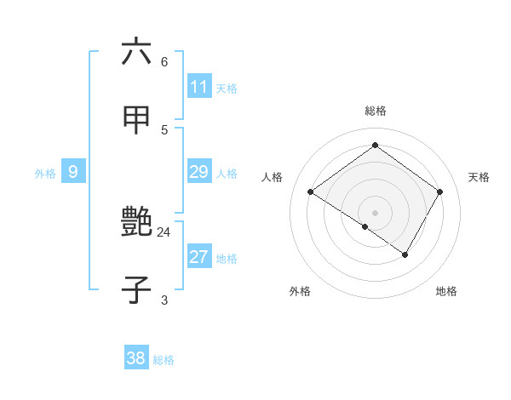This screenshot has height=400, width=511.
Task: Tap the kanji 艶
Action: pos(136,222)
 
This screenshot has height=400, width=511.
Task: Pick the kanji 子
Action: pos(136,290)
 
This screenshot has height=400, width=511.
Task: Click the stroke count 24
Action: pos(164,231)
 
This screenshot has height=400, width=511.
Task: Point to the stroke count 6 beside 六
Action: pos(164,61)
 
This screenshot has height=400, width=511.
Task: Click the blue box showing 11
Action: pos(199,87)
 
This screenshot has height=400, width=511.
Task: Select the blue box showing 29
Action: pos(199,172)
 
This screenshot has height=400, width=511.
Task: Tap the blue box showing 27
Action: pos(199,257)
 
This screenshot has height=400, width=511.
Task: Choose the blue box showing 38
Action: pos(136,358)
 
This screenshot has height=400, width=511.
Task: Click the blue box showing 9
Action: pos(73,172)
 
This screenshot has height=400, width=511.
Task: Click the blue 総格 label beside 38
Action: pos(164,360)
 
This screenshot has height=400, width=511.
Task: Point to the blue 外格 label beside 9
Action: pos(45,174)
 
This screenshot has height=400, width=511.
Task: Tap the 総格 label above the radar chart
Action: pos(376,111)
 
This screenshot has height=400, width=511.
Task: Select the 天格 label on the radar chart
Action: pos(479,177)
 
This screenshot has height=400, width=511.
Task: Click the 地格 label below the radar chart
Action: pos(446,291)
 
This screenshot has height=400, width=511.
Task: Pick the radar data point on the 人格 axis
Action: pos(311,192)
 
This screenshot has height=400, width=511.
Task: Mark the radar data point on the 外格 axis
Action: pos(365,226)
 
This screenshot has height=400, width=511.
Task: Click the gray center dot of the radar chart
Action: pos(376,212)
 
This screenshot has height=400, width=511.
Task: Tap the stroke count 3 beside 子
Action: pos(164,300)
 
